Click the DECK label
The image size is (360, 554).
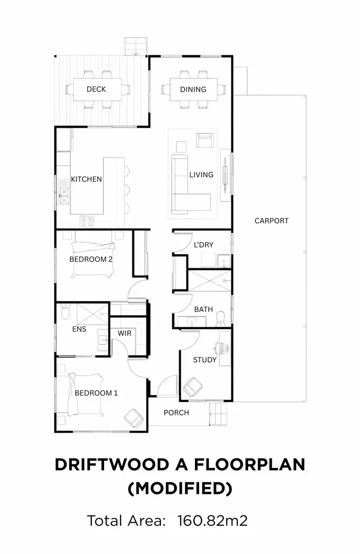click(x=96, y=89)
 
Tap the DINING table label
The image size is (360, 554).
click(x=193, y=89)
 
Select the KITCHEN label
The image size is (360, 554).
click(x=86, y=179)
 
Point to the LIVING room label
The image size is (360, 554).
click(x=202, y=174)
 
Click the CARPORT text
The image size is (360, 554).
click(x=271, y=221)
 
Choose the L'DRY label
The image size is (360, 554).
click(x=204, y=245)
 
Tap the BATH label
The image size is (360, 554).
click(x=204, y=309)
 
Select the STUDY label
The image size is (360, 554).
click(x=205, y=360)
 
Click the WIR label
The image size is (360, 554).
click(x=124, y=333)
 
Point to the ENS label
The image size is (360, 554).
click(x=79, y=329)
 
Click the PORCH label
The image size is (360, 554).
click(x=176, y=412)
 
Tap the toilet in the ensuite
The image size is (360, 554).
click(x=65, y=312)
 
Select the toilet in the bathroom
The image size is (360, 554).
click(x=220, y=318)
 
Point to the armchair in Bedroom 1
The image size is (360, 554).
click(x=133, y=419)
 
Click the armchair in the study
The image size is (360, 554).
click(x=192, y=387)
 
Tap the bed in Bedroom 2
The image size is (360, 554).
click(x=93, y=260)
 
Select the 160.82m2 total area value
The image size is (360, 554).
click(x=212, y=521)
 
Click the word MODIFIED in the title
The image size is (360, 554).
click(x=180, y=488)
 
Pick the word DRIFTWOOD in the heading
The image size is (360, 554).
click(x=112, y=465)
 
